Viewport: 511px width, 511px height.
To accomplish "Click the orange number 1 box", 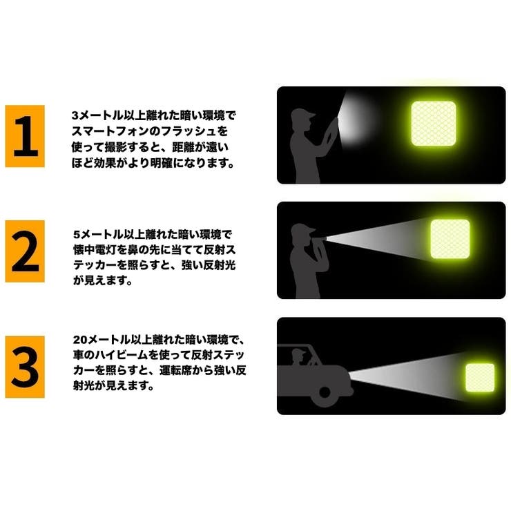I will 25,136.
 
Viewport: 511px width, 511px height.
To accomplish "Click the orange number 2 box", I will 25,251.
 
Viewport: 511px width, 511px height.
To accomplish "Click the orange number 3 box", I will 25,367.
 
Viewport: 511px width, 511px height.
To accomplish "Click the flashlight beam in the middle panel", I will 387,238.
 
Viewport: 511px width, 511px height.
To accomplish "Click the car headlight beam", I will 407,377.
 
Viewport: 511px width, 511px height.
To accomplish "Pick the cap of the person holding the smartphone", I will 306,115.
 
